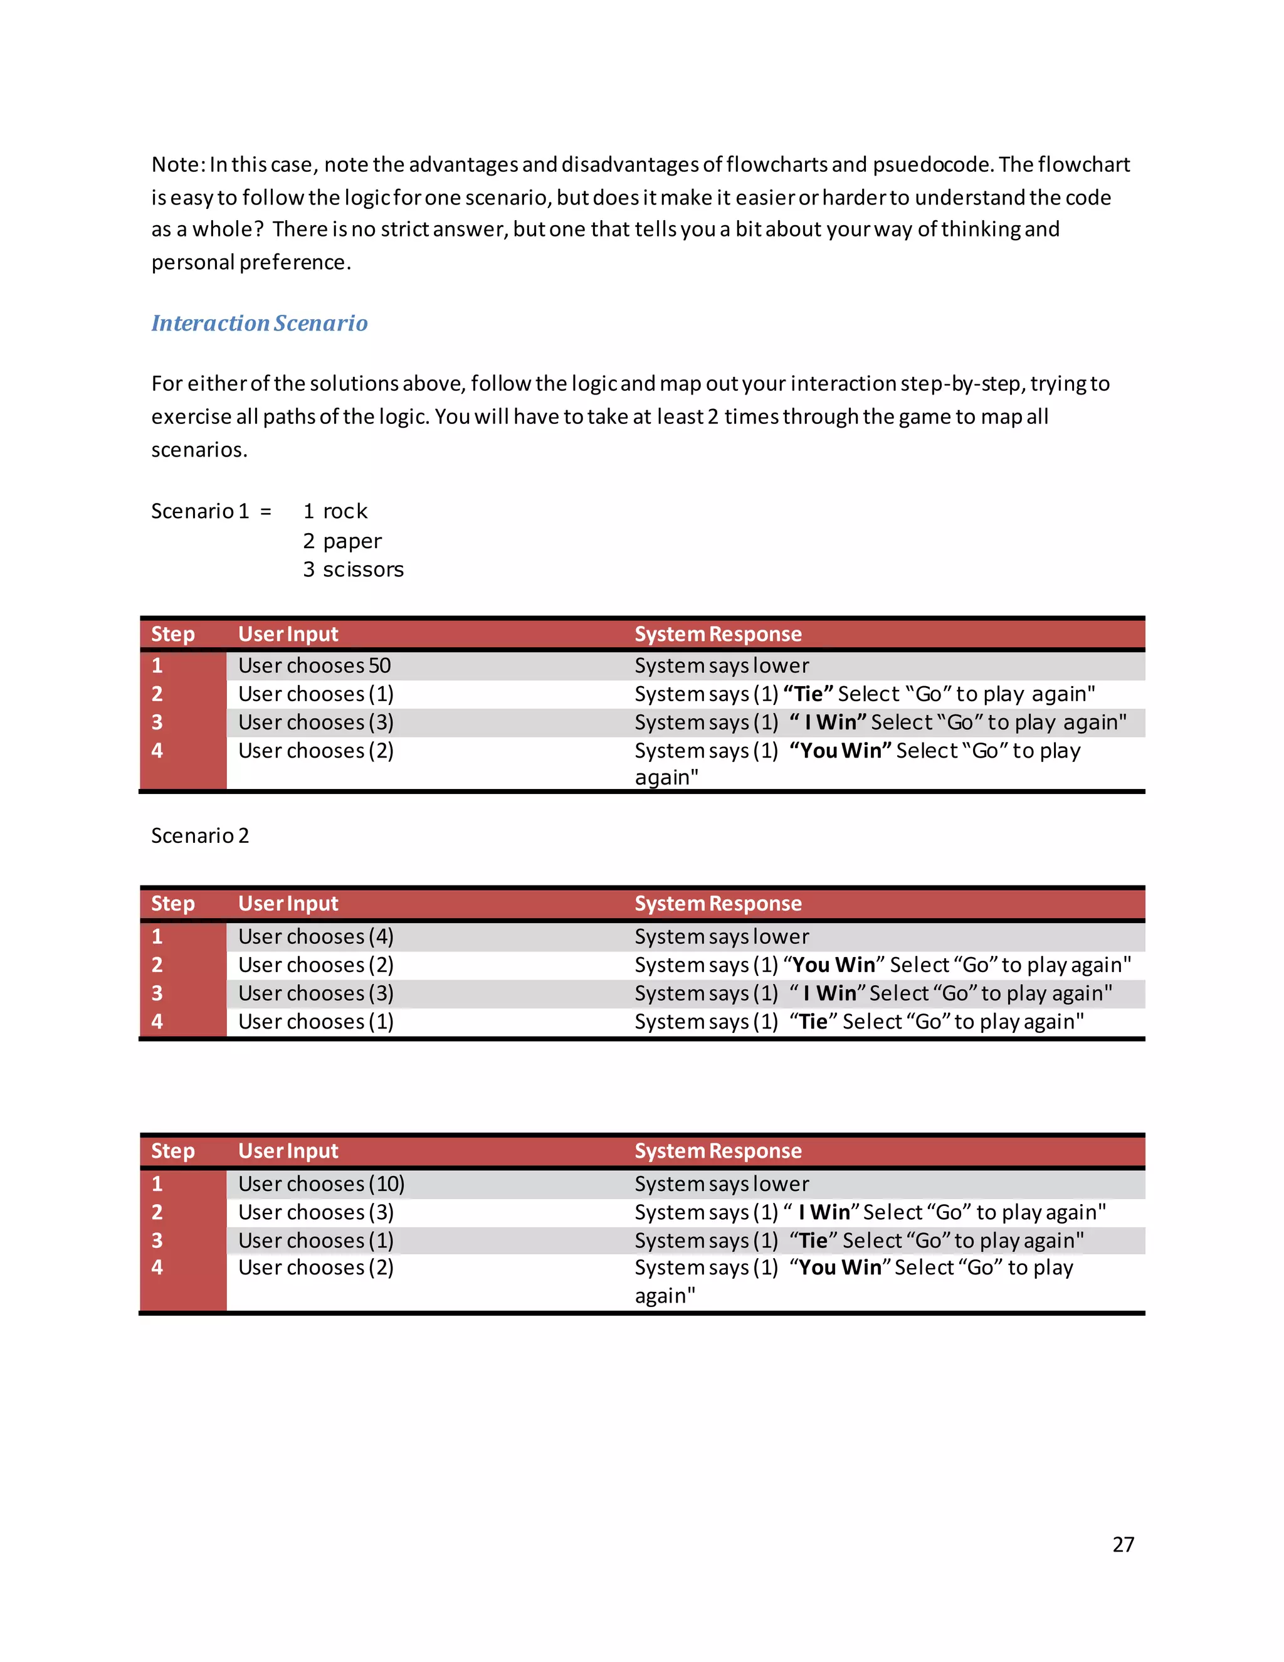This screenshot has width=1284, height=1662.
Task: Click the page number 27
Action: (1123, 1544)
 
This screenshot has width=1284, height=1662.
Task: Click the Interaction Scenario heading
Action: (260, 324)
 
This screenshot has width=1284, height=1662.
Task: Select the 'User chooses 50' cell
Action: (314, 666)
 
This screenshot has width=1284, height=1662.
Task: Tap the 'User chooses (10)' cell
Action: (321, 1184)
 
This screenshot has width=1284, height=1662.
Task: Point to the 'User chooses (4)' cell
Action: (316, 937)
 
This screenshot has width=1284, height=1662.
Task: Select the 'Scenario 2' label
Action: (200, 835)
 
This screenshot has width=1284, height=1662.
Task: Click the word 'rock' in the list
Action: (345, 511)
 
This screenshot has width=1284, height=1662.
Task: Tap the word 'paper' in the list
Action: (352, 541)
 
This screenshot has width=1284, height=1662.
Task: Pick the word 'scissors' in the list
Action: (363, 570)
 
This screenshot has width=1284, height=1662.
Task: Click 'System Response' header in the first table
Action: (718, 634)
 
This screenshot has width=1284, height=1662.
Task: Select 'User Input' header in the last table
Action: (288, 1151)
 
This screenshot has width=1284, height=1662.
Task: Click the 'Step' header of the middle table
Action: (172, 903)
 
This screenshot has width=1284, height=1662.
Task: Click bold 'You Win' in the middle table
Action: (834, 965)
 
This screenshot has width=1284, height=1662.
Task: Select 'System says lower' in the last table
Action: (722, 1184)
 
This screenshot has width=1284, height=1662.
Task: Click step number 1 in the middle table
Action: (157, 937)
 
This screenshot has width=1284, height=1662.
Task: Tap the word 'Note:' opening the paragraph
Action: (178, 164)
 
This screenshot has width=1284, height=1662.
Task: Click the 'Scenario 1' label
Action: (200, 511)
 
